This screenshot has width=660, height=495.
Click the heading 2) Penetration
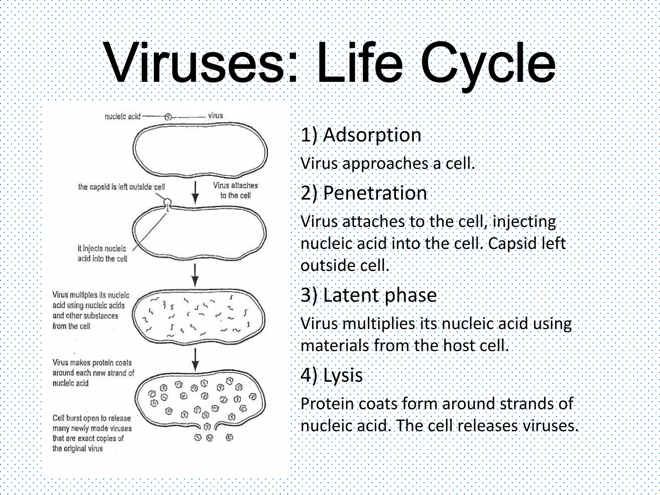(364, 193)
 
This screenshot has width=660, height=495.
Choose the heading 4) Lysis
(332, 375)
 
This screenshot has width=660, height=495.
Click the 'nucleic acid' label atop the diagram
(122, 116)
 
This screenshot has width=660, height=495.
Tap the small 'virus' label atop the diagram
(215, 115)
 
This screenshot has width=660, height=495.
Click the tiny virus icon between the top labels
(168, 117)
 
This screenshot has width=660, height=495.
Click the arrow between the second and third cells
(195, 275)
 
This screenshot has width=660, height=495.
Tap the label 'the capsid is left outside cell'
(121, 187)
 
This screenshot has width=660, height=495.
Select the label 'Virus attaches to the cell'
(235, 190)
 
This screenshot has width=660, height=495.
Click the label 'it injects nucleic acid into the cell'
(102, 253)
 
